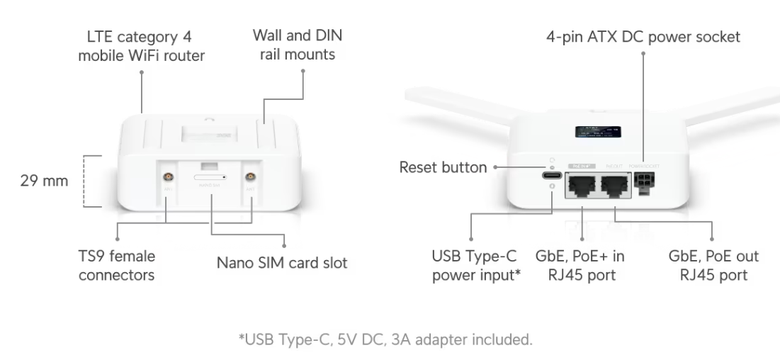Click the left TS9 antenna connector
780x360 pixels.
[168, 177]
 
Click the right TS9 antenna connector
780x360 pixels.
[251, 177]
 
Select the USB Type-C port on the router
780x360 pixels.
[550, 177]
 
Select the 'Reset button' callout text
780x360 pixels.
[443, 168]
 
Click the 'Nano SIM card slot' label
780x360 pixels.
[282, 264]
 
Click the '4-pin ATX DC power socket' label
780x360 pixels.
[643, 36]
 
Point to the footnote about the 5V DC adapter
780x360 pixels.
[390, 339]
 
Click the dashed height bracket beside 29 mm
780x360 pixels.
[87, 181]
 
